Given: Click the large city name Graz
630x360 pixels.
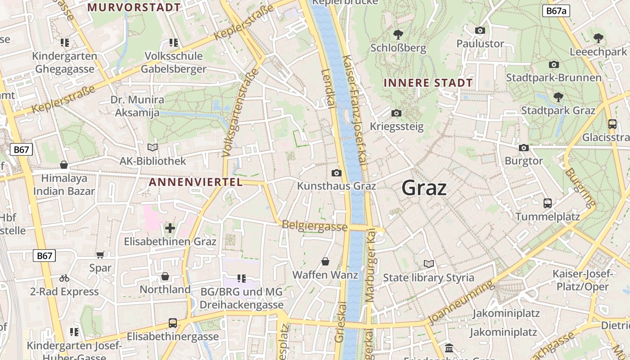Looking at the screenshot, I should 424,188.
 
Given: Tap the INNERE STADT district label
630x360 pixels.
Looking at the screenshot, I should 428,83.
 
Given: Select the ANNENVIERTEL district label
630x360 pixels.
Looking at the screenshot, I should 195,182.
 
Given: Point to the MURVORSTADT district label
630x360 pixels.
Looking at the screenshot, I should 134,7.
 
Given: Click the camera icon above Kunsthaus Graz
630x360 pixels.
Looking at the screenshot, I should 336,173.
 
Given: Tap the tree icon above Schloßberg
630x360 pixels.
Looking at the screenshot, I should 398,34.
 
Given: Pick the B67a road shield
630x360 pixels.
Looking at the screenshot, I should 556,11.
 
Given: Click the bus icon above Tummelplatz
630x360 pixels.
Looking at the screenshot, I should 547,203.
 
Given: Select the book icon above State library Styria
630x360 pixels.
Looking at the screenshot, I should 429,264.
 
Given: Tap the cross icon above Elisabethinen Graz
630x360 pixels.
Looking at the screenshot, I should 170,228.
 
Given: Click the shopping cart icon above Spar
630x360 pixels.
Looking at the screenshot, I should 100,255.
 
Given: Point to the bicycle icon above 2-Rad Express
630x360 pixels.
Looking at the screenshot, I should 64,278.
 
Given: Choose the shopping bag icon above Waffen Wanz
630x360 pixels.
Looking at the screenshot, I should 325,261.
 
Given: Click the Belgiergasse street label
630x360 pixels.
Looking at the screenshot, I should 315,226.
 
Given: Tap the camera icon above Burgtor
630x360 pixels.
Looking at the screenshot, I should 524,148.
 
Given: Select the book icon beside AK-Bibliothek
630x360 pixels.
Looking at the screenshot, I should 153,147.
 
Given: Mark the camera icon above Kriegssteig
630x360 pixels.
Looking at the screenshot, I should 396,113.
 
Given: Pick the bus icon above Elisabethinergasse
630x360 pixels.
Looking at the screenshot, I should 172,323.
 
